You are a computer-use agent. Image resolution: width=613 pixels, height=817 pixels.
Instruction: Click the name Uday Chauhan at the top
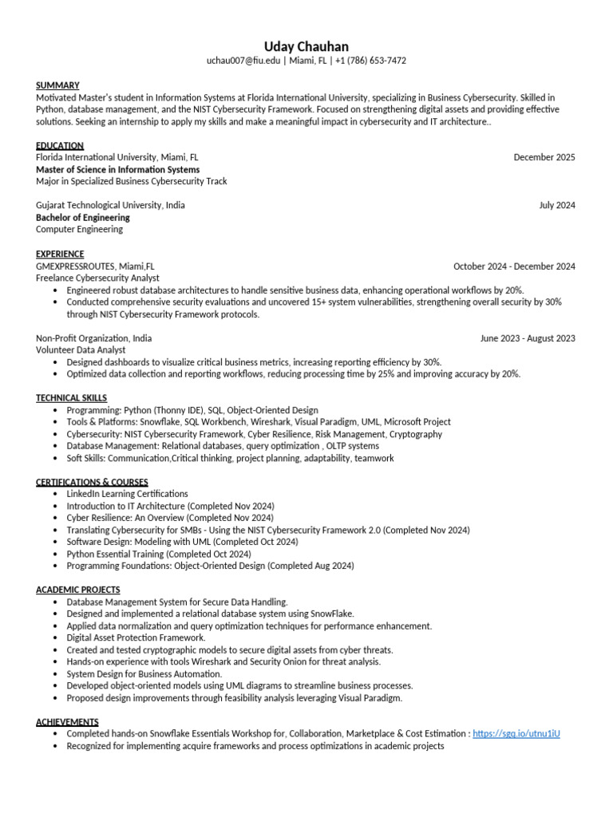point(306,46)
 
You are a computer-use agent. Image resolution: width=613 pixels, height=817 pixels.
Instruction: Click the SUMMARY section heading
point(57,85)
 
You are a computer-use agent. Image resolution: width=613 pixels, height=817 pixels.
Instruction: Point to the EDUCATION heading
point(60,145)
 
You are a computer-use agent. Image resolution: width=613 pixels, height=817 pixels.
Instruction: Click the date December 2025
point(544,157)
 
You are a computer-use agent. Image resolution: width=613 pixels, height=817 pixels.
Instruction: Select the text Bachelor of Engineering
point(83,217)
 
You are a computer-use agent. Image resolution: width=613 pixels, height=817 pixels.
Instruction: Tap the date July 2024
point(557,205)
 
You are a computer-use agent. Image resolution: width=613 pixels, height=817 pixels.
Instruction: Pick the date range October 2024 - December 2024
point(514,266)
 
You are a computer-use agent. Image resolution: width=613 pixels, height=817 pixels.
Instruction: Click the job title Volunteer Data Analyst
point(81,349)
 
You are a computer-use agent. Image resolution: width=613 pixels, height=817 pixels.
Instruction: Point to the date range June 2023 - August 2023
point(528,338)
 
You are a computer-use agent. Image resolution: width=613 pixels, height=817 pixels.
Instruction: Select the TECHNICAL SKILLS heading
point(71,397)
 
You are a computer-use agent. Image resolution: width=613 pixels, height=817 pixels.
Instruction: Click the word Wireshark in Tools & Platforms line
point(270,422)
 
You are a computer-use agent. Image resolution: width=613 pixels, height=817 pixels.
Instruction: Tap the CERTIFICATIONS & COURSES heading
point(92,482)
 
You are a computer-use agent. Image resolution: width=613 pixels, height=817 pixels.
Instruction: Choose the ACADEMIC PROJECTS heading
point(78,590)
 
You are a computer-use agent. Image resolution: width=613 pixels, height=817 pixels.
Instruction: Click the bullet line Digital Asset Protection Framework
point(136,637)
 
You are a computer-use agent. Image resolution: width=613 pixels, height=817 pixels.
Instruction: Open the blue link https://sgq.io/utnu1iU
point(516,733)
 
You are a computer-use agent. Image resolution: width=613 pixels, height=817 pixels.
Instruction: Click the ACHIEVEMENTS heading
point(67,721)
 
